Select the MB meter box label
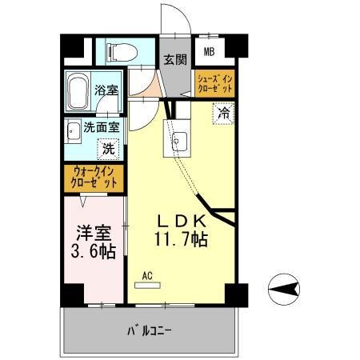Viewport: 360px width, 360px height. click(x=209, y=54)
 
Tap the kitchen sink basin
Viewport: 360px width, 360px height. click(x=178, y=142)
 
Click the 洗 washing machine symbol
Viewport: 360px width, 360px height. click(x=107, y=148)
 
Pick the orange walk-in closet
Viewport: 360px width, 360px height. click(x=94, y=176)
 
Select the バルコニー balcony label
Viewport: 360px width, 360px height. click(x=150, y=330)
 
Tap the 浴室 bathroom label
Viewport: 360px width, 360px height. click(x=102, y=90)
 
